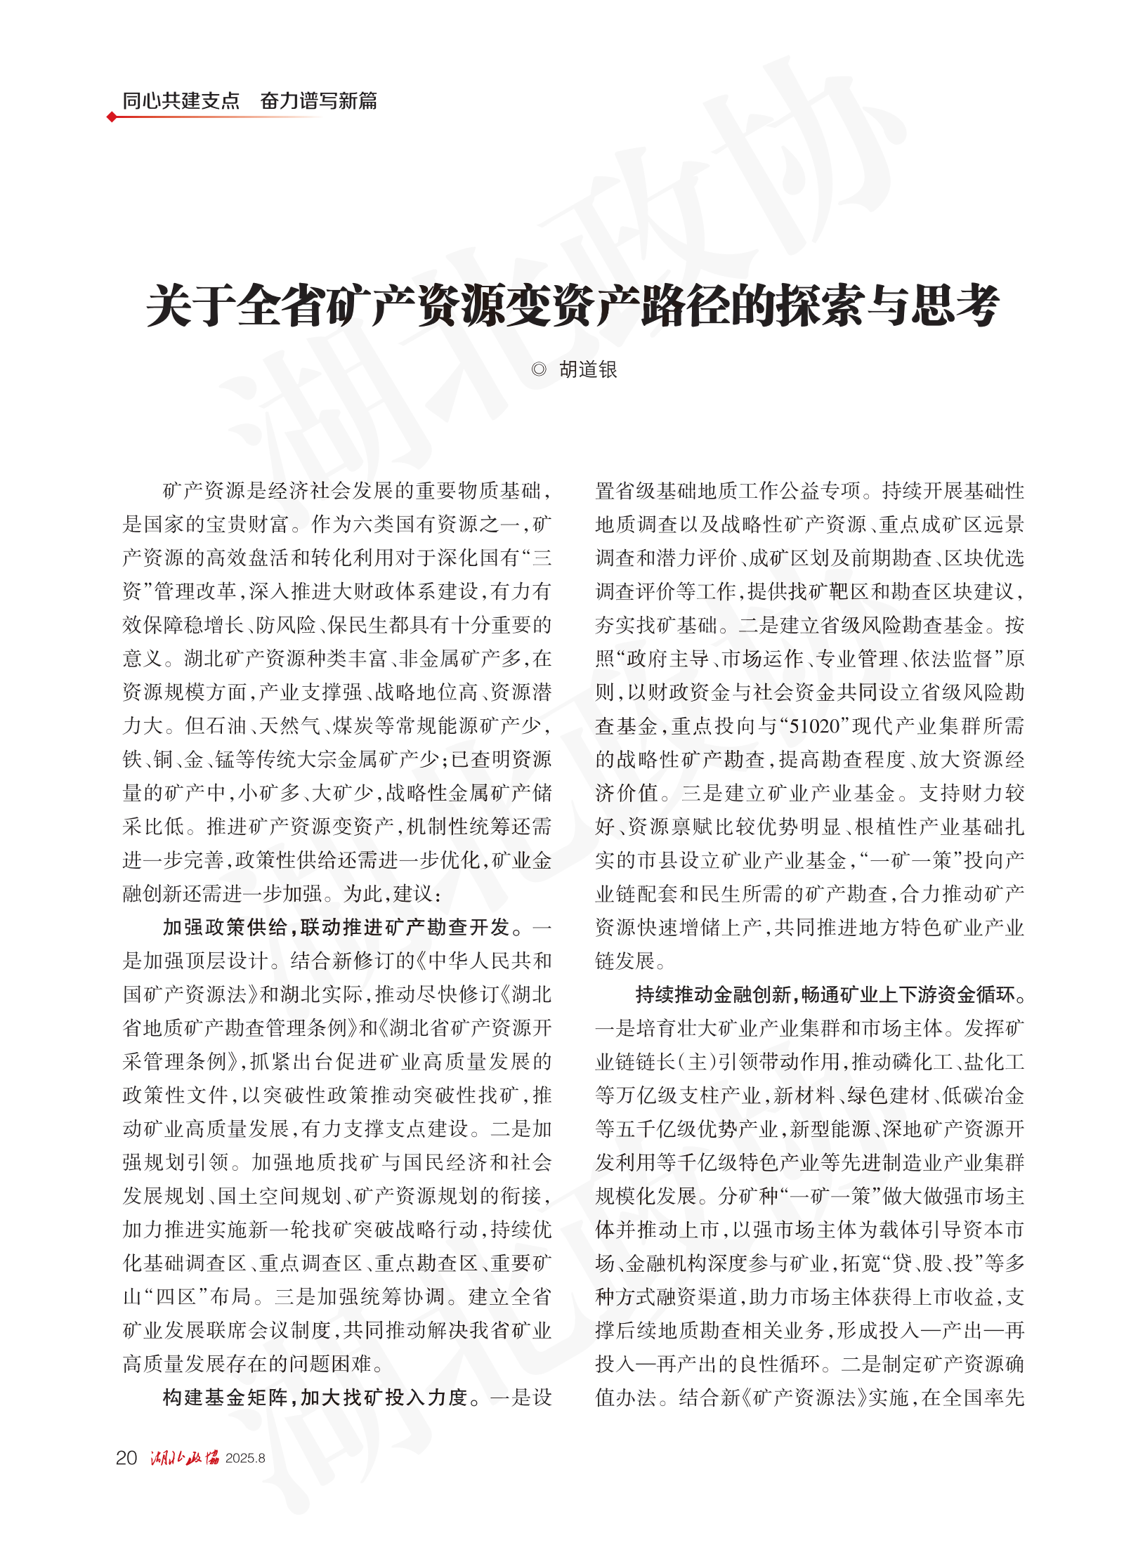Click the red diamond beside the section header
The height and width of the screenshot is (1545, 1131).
click(112, 117)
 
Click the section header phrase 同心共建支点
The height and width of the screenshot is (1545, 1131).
click(181, 100)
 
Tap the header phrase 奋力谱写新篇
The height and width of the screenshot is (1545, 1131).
click(318, 100)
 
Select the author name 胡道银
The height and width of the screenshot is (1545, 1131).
click(588, 369)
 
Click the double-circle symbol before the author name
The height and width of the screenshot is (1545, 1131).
click(539, 369)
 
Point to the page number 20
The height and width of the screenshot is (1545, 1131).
click(126, 1458)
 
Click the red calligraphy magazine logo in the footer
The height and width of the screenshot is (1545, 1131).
click(184, 1458)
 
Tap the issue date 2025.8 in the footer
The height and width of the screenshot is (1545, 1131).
click(245, 1459)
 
